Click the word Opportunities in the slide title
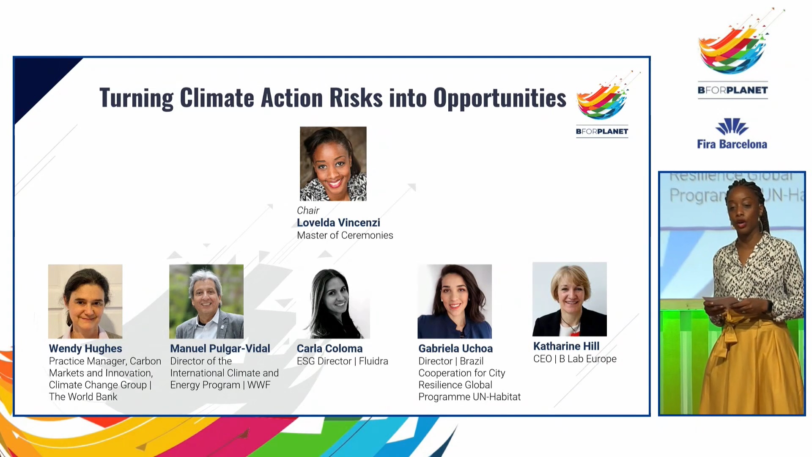point(499,98)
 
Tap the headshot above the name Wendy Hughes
point(85,301)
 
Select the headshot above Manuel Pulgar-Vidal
point(206,301)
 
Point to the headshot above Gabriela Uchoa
point(455,301)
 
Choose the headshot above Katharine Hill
point(570,299)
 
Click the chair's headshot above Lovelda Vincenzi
point(333,164)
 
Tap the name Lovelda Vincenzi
point(338,223)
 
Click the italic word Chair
point(308,210)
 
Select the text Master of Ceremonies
point(345,235)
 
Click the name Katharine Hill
point(566,346)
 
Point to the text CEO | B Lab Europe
point(575,359)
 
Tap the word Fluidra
point(373,361)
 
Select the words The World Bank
point(83,396)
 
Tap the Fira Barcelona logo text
point(732,144)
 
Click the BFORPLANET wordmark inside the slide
point(602,131)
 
